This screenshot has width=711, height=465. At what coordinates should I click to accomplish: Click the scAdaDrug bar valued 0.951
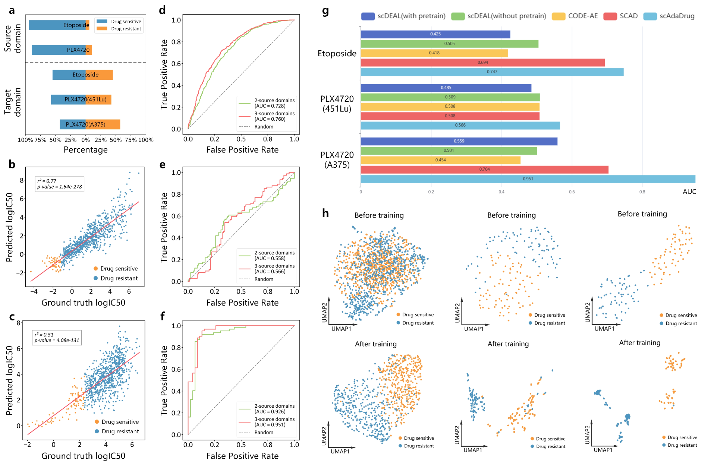point(528,179)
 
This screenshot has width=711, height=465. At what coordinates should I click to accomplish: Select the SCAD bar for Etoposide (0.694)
point(482,63)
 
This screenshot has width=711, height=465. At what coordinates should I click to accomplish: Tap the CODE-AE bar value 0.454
point(440,160)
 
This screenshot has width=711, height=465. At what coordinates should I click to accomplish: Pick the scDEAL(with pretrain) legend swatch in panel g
point(368,16)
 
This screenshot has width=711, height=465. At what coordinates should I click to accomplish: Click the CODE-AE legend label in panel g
point(583,16)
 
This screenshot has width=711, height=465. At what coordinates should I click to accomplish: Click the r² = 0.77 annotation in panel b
point(47,181)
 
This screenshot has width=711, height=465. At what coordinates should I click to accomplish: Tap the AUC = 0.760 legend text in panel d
point(270,119)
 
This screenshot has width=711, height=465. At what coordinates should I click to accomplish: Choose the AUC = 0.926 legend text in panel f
point(270,412)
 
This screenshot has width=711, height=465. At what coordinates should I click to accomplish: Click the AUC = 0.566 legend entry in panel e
point(270,272)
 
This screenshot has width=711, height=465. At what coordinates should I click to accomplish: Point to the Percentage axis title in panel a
point(85,150)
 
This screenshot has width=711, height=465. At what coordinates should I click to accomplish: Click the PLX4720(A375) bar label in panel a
point(85,124)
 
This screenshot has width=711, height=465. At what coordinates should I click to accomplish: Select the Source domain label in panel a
point(13,38)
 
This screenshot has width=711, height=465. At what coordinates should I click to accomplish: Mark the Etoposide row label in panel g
point(337,53)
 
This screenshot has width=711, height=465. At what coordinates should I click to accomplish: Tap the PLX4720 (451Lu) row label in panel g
point(337,104)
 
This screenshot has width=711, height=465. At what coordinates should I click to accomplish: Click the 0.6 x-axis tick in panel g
point(572,192)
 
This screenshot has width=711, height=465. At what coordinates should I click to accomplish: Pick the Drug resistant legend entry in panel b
point(119,278)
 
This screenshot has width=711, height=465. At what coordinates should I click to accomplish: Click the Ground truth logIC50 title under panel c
point(83,456)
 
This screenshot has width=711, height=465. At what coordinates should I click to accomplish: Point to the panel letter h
point(325,213)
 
